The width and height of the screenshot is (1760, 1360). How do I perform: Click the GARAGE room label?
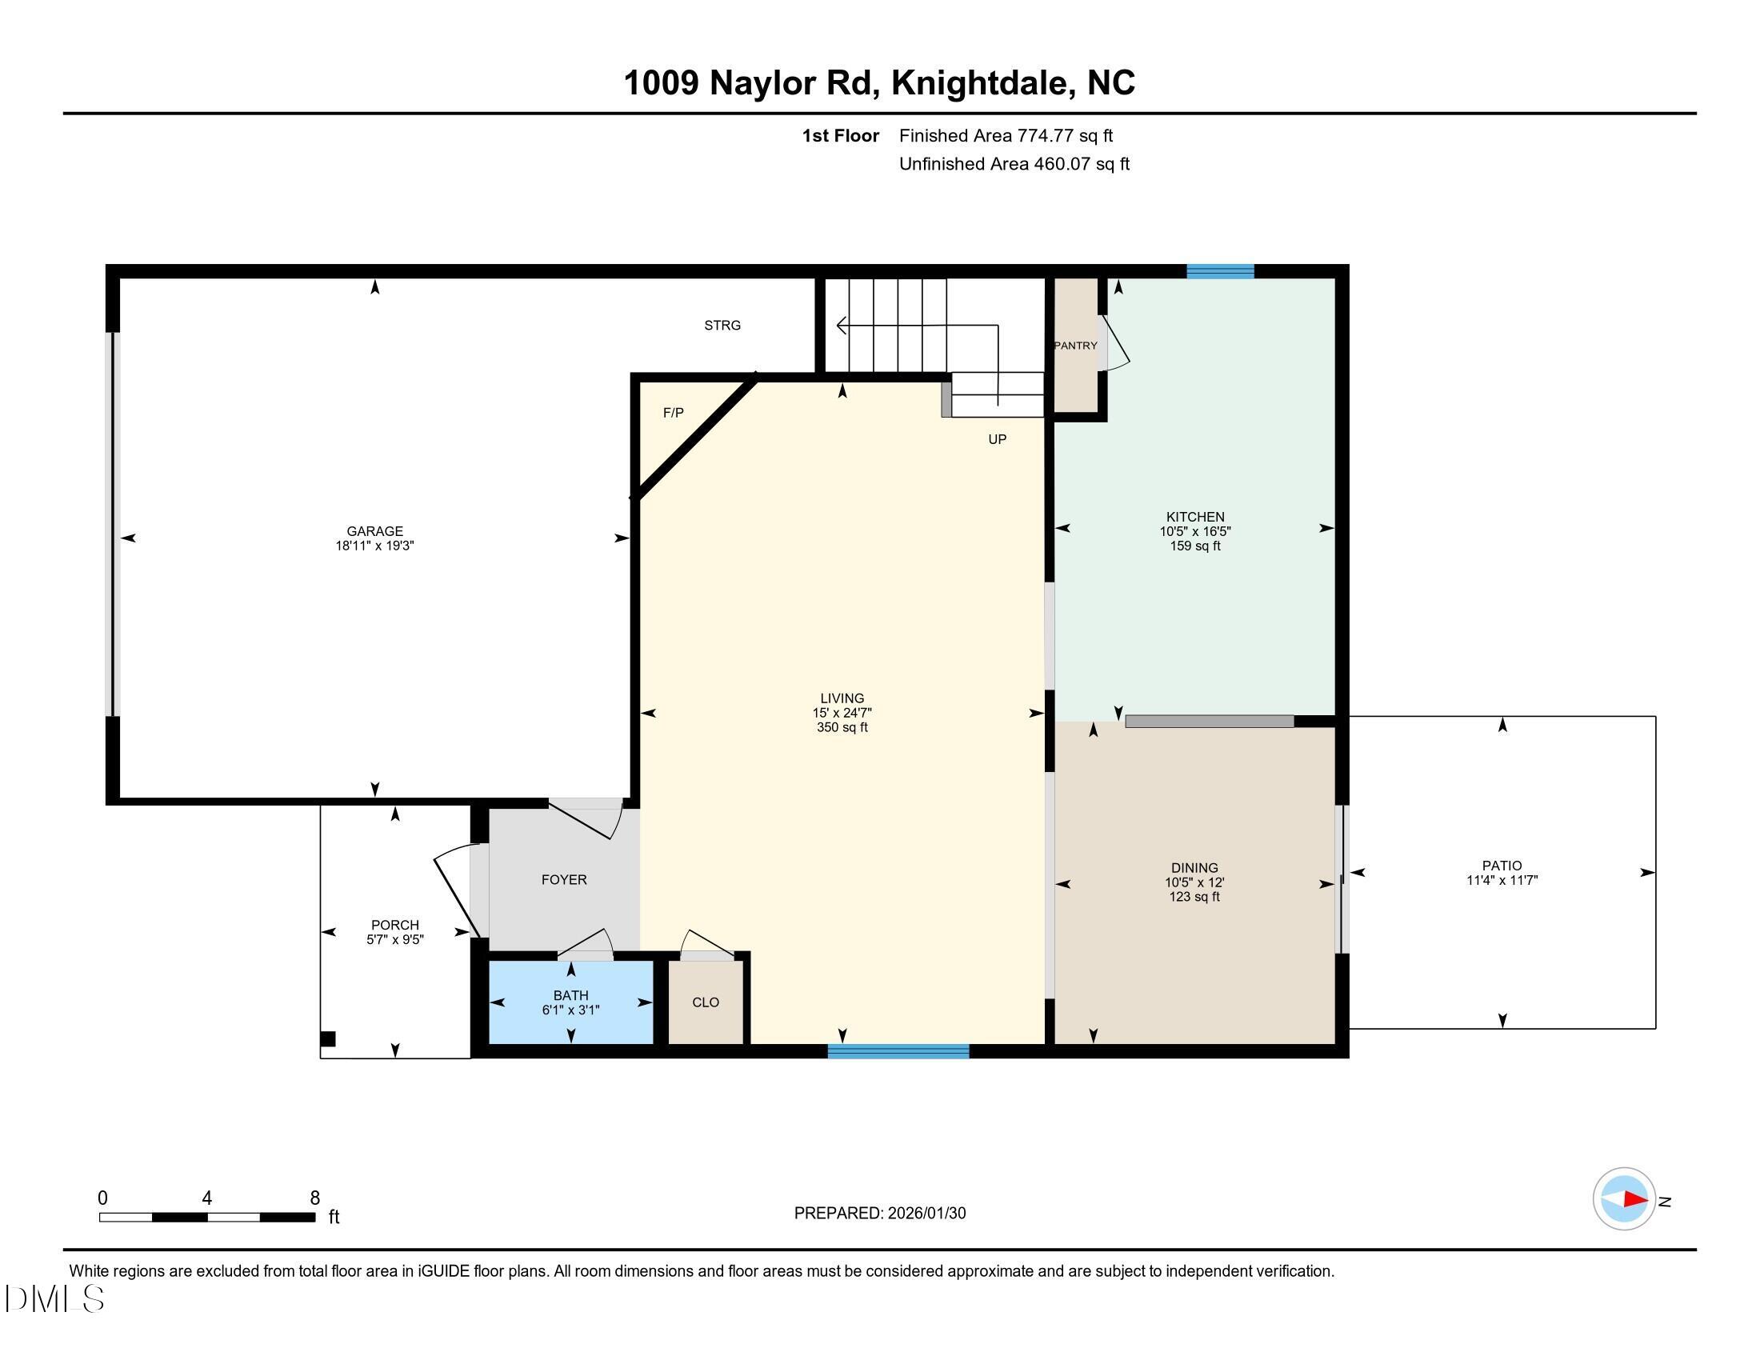[374, 531]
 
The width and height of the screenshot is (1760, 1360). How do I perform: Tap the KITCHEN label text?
[1195, 518]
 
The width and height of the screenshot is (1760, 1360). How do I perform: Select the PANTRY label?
[1076, 346]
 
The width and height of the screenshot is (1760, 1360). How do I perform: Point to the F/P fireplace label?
[673, 414]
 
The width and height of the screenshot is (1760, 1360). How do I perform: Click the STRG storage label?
[722, 326]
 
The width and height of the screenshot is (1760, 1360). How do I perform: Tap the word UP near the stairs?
[997, 439]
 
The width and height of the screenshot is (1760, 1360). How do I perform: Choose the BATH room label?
[570, 996]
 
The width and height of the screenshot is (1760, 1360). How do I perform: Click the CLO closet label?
[705, 1002]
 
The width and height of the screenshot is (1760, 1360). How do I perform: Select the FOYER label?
[564, 880]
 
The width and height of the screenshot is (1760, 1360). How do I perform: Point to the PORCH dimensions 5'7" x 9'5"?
[395, 939]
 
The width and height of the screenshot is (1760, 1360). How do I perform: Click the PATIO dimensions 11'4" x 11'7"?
[1502, 881]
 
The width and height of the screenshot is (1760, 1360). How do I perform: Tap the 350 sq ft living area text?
[842, 727]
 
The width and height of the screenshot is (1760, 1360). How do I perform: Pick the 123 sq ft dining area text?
[1194, 897]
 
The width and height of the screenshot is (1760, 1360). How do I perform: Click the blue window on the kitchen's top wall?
[1220, 271]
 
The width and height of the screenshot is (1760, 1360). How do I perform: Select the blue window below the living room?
[898, 1050]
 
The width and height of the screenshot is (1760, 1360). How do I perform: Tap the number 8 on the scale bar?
[315, 1198]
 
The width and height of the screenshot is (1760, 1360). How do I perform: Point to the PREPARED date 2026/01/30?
[925, 1214]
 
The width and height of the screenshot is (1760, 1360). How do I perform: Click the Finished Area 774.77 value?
[1046, 136]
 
